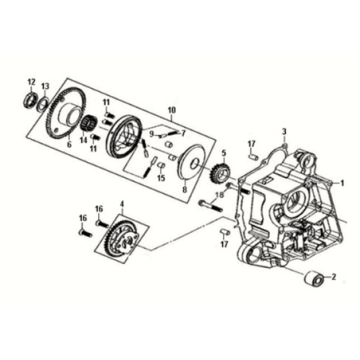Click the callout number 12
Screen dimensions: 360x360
(31, 82)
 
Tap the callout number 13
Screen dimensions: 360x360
(45, 86)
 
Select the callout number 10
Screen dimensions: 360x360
(171, 110)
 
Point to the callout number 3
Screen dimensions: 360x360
(284, 131)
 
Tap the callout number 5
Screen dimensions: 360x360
(224, 154)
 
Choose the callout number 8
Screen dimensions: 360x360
(185, 190)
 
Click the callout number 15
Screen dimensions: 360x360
(161, 178)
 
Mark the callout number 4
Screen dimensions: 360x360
(122, 203)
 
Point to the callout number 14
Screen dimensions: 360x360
(83, 140)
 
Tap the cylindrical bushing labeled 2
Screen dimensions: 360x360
(315, 279)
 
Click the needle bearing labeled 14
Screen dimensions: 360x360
(89, 123)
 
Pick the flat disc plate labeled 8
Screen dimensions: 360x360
(191, 162)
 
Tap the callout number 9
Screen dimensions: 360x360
(152, 134)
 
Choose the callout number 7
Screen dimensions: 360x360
(183, 134)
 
